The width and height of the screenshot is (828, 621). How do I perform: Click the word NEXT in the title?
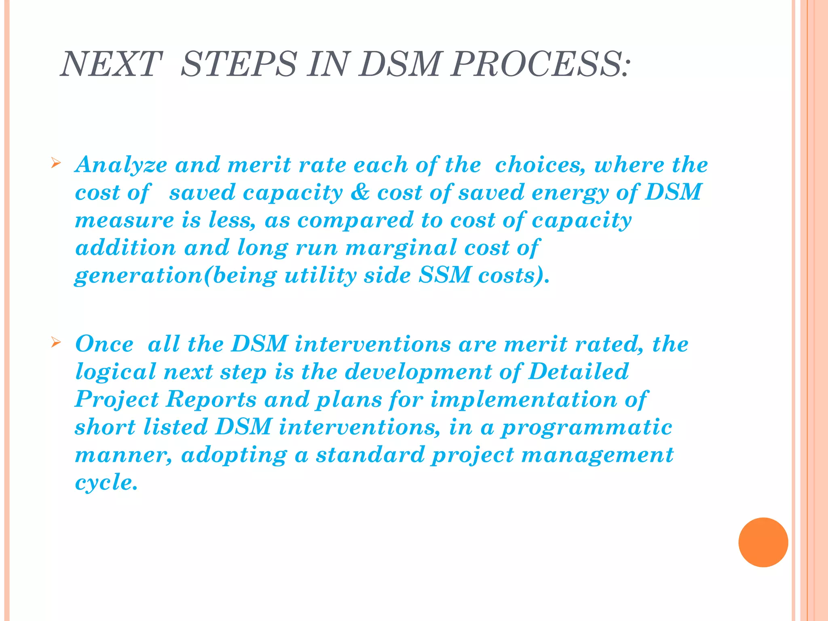click(x=111, y=64)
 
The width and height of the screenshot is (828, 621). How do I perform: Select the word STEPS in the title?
click(x=239, y=64)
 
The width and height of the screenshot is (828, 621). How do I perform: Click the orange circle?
click(x=763, y=542)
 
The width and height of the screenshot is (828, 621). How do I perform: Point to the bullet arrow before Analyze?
click(x=56, y=164)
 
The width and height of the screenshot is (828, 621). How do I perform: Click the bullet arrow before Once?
click(x=56, y=343)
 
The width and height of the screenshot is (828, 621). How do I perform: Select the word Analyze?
click(x=121, y=165)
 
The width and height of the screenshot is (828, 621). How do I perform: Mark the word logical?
click(x=116, y=372)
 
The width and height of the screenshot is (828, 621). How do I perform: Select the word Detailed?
click(x=579, y=371)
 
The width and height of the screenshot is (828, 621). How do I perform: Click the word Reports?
click(x=211, y=399)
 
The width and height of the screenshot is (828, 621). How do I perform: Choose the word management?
click(x=598, y=455)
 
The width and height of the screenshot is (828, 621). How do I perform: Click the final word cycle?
click(x=106, y=483)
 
